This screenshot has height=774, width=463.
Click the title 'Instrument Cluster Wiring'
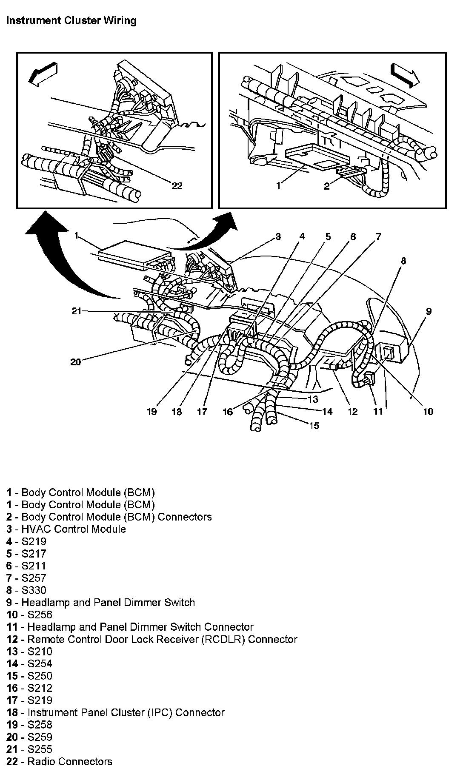[71, 20]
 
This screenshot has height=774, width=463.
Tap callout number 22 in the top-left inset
[177, 185]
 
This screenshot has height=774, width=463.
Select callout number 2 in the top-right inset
[326, 186]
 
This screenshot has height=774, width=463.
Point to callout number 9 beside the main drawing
[429, 311]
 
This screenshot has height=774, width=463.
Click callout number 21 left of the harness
[76, 311]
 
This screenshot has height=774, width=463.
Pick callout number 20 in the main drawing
[75, 362]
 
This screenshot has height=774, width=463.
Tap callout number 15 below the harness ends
[314, 425]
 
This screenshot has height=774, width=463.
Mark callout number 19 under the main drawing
[151, 411]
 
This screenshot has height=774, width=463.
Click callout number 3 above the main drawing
[277, 236]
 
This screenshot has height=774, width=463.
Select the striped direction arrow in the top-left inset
[42, 73]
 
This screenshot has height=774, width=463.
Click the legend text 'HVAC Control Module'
[73, 529]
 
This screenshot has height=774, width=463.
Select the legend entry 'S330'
[34, 590]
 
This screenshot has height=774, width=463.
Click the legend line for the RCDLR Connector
[162, 639]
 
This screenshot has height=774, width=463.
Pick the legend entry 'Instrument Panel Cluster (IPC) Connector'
[126, 712]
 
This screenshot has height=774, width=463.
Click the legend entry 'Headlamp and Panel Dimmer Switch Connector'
[140, 627]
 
